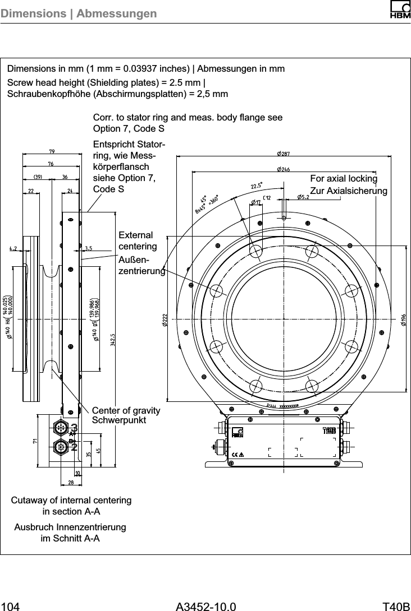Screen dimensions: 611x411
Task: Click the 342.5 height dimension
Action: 113,339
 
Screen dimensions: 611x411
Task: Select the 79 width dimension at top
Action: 51,151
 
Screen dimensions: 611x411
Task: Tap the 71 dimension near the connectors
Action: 35,441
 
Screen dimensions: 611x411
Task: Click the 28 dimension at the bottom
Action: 71,482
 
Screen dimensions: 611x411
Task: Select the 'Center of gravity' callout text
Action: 126,411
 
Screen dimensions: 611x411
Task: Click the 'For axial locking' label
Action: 344,179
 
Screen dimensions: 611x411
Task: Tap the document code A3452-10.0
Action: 205,605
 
